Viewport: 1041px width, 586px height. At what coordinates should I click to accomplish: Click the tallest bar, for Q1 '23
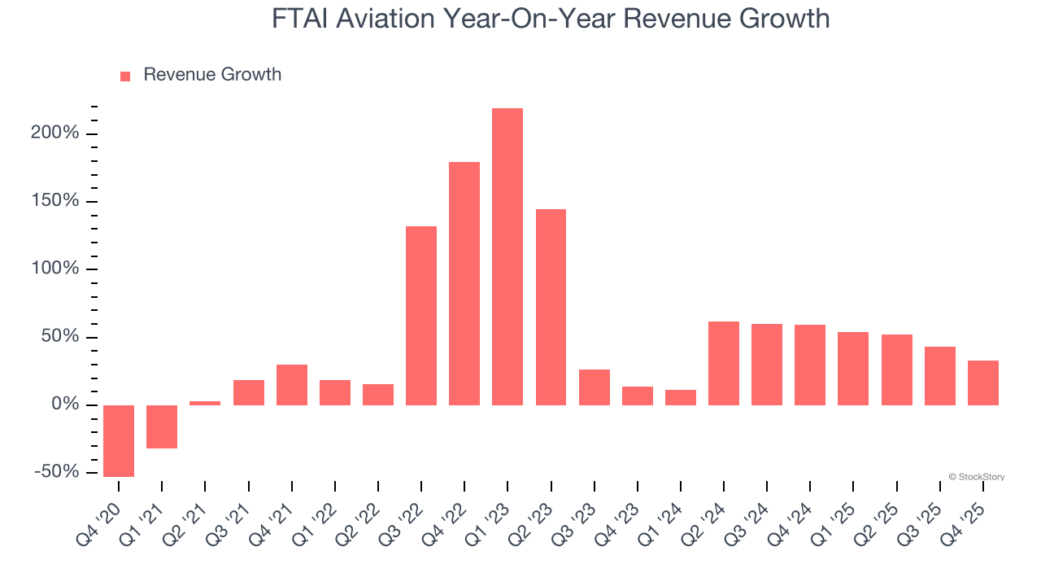(507, 256)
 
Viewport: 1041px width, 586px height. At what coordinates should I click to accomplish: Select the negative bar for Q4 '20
(119, 440)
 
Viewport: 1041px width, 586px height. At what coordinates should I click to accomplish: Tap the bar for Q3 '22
(421, 315)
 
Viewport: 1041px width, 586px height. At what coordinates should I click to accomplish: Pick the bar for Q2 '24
(724, 363)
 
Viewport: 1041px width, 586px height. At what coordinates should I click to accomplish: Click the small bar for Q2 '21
(205, 402)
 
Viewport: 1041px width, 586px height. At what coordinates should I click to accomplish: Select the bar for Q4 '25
(982, 383)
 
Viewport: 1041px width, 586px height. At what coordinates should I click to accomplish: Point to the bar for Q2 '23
(551, 307)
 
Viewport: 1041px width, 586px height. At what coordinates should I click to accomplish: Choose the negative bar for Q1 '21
(162, 426)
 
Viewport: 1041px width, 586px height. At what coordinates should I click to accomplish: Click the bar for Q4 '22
(464, 283)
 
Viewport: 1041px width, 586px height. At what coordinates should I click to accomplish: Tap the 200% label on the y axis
(55, 133)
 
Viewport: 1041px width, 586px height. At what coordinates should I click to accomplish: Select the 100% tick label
(55, 269)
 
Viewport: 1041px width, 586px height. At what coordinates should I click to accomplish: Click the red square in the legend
(125, 76)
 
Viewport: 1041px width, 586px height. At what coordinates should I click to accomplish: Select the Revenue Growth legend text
(212, 75)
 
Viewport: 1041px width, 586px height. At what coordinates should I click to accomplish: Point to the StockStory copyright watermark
(976, 477)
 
